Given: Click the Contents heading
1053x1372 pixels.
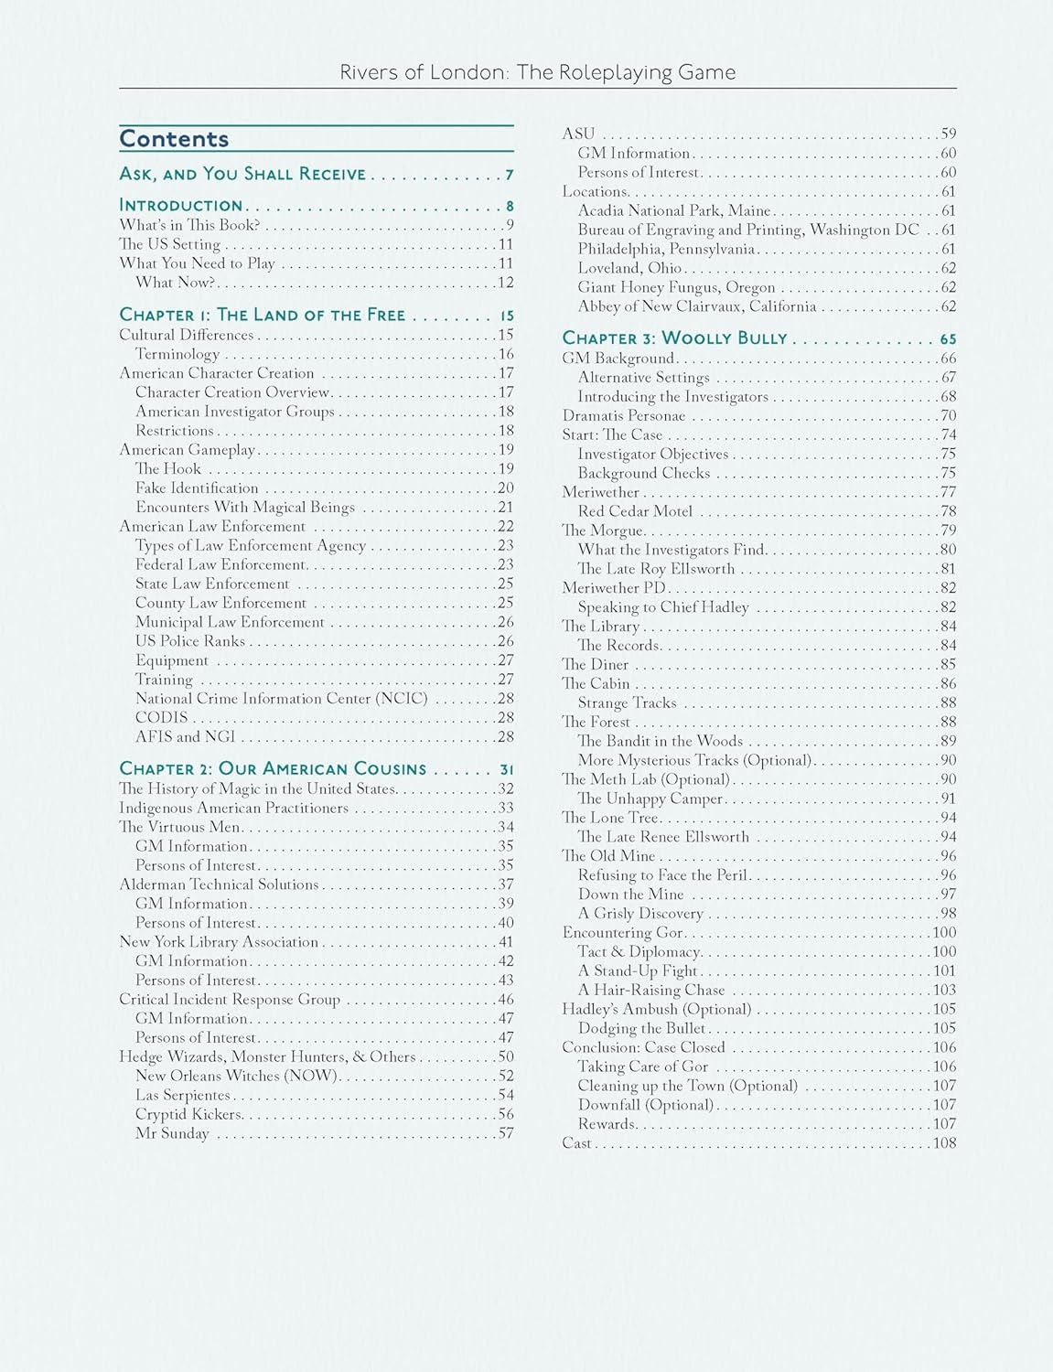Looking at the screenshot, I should (x=174, y=139).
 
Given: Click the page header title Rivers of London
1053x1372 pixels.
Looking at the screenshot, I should (x=537, y=72).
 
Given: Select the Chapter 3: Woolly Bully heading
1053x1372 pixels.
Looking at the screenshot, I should (x=674, y=338).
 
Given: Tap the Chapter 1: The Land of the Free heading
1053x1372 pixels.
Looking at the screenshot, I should (x=262, y=315).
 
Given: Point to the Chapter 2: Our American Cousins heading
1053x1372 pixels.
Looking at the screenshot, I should (x=273, y=769).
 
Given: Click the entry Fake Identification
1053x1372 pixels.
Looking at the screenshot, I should (x=197, y=488).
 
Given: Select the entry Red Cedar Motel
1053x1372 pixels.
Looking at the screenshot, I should (x=635, y=511).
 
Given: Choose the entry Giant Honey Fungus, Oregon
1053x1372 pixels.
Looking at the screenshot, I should (x=676, y=287).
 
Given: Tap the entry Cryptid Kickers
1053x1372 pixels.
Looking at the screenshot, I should (x=189, y=1114).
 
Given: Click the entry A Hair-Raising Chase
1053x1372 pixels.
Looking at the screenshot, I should (x=650, y=990).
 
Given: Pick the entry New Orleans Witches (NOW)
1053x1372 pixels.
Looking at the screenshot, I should (x=237, y=1076).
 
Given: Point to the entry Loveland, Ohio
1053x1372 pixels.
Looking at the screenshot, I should (x=629, y=268).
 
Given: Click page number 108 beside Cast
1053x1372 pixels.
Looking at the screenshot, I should (x=944, y=1143).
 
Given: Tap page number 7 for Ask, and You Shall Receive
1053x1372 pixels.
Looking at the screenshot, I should (x=509, y=175).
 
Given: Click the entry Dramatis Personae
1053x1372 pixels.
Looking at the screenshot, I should (x=623, y=416).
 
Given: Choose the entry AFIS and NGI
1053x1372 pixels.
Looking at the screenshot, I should (x=185, y=737).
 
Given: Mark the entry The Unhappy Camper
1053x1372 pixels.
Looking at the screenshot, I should (x=650, y=799).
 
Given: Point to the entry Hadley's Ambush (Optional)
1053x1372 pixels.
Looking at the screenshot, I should (x=656, y=1009).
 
